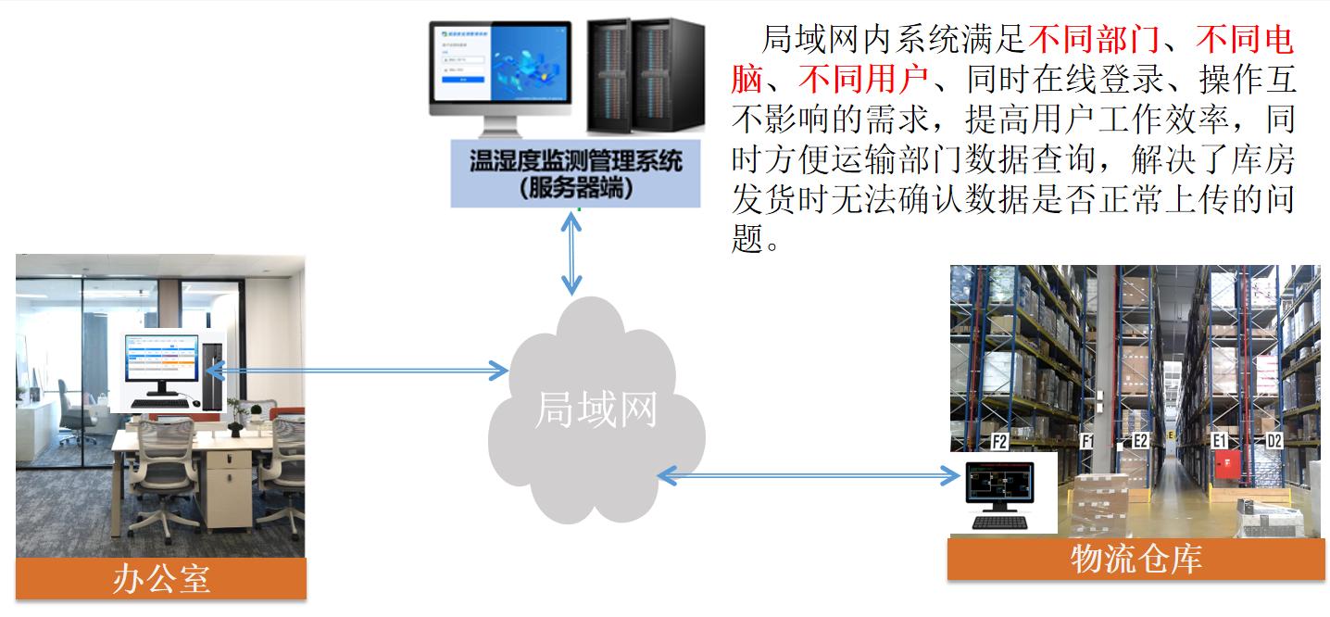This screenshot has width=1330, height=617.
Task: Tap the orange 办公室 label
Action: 161,578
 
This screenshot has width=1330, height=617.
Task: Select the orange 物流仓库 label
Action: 1136,560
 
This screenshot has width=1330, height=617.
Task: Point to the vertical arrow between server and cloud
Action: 574,252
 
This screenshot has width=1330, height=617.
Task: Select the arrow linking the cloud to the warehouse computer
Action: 809,476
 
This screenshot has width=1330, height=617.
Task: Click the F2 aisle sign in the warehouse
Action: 999,442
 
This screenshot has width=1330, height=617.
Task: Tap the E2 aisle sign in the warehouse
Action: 1140,441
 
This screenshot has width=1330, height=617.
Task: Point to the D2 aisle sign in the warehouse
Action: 1274,441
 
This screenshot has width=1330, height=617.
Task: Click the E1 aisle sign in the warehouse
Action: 1220,441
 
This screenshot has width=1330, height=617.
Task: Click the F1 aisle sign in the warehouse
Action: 1088,441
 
